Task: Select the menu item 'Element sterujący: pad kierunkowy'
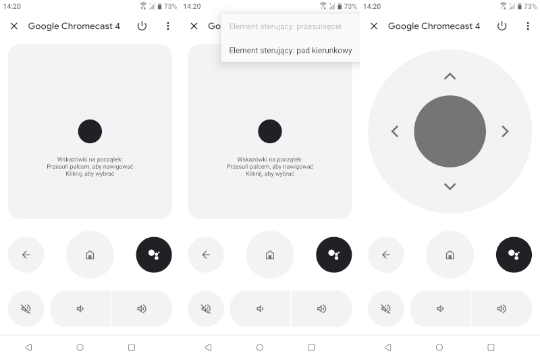[x=290, y=50]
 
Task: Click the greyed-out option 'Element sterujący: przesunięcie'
[x=285, y=26]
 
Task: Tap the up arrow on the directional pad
[x=450, y=76]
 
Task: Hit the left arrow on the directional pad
[x=395, y=132]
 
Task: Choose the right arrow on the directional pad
[x=505, y=132]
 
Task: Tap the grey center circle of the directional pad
[x=450, y=132]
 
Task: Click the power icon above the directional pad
[x=502, y=26]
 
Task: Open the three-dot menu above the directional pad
[x=528, y=26]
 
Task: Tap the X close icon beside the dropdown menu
[x=194, y=26]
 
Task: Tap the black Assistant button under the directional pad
[x=514, y=255]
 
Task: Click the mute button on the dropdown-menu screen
[x=206, y=309]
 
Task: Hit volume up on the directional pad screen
[x=502, y=309]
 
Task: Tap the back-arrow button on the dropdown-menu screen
[x=206, y=255]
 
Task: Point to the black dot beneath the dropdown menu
[x=270, y=131]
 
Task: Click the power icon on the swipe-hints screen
[x=142, y=26]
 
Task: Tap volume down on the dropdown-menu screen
[x=261, y=309]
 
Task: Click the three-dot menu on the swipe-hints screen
[x=168, y=26]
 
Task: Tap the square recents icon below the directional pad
[x=491, y=347]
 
